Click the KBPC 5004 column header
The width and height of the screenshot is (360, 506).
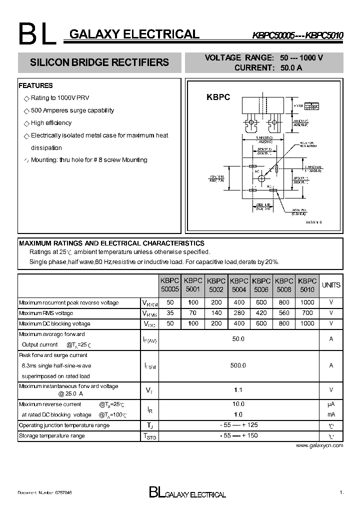pos(239,285)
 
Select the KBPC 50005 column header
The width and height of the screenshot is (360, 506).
pos(169,285)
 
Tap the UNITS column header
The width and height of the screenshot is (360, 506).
pos(331,285)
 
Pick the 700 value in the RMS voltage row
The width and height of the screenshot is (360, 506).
pos(307,313)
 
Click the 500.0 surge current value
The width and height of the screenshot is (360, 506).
pos(238,365)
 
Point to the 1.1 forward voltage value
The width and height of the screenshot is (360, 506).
pos(238,390)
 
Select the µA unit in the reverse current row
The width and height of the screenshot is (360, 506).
pos(331,404)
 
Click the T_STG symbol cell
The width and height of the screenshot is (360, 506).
pos(150,436)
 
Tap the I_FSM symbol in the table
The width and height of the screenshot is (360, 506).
pos(150,366)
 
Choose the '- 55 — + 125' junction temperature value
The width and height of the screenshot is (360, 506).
pos(238,425)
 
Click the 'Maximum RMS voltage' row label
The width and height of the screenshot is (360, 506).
pos(46,313)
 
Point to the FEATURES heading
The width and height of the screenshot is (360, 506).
pos(35,85)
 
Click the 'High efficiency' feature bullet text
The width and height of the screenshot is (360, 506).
pos(51,123)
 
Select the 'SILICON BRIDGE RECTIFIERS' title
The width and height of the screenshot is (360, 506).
pos(99,63)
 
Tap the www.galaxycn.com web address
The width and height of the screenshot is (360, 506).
pos(319,445)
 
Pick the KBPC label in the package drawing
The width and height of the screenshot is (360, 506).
pos(218,97)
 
